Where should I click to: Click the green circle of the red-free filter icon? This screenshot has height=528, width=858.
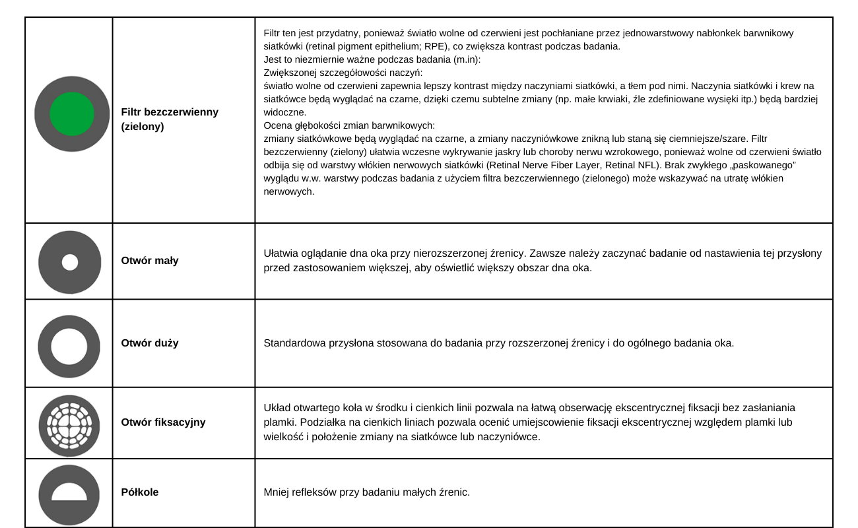pyautogui.click(x=72, y=114)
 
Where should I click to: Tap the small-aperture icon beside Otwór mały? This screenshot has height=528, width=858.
pyautogui.click(x=69, y=262)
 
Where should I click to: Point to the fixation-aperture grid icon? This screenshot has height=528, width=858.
pyautogui.click(x=69, y=422)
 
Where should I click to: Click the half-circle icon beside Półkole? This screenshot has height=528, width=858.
pyautogui.click(x=69, y=491)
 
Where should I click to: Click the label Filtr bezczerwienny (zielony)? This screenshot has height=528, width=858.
pyautogui.click(x=169, y=119)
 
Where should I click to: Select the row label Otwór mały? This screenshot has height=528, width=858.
pyautogui.click(x=150, y=261)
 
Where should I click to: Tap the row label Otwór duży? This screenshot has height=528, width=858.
pyautogui.click(x=150, y=343)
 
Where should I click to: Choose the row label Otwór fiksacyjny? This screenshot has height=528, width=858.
pyautogui.click(x=163, y=422)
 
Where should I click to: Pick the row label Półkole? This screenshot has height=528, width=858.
pyautogui.click(x=140, y=492)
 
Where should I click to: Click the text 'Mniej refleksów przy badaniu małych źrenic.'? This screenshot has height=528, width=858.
pyautogui.click(x=366, y=492)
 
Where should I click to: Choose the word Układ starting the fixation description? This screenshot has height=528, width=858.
pyautogui.click(x=277, y=408)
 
